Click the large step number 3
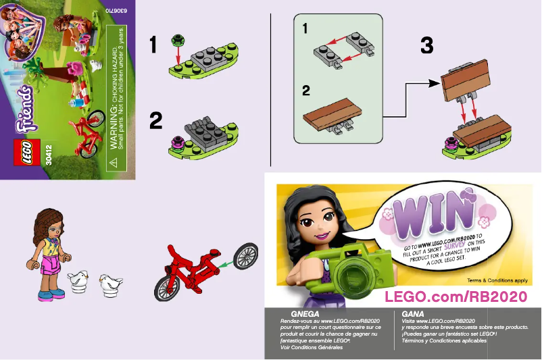[x=426, y=45]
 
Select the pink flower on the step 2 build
[x=178, y=140]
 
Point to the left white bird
[x=79, y=279]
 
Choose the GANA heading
[x=412, y=314]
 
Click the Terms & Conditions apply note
[x=496, y=279]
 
